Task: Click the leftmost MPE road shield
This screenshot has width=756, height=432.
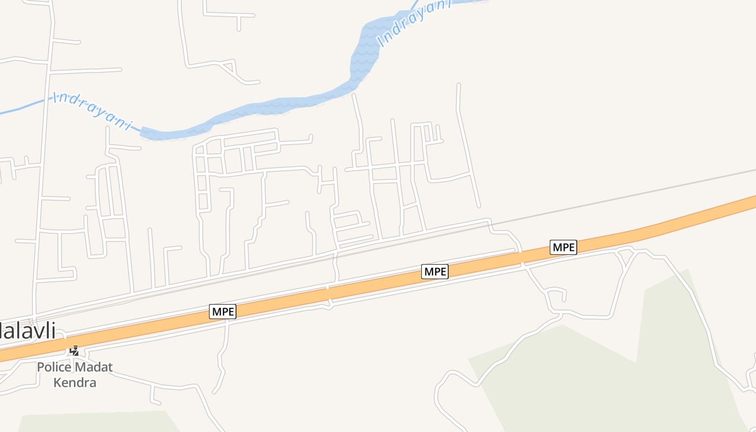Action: click(x=223, y=312)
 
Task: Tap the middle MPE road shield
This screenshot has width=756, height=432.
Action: click(x=435, y=272)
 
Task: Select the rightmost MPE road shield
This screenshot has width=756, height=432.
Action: click(x=563, y=247)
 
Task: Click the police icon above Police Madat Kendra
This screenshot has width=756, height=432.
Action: click(x=75, y=351)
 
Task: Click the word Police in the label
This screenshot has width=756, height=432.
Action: click(x=53, y=367)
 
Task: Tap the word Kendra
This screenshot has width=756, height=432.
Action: click(x=75, y=382)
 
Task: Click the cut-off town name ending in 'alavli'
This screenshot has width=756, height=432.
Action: click(x=27, y=330)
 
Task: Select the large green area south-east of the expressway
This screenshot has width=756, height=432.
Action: click(x=594, y=367)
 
